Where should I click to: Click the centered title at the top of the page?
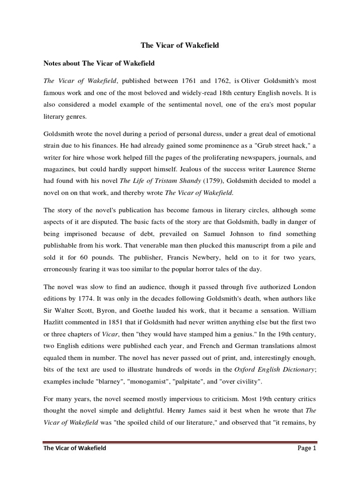180,45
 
